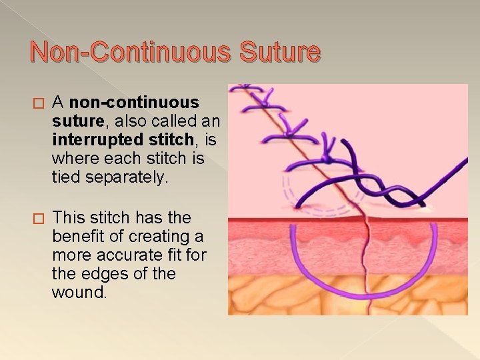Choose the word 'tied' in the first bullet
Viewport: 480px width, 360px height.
coord(66,178)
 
